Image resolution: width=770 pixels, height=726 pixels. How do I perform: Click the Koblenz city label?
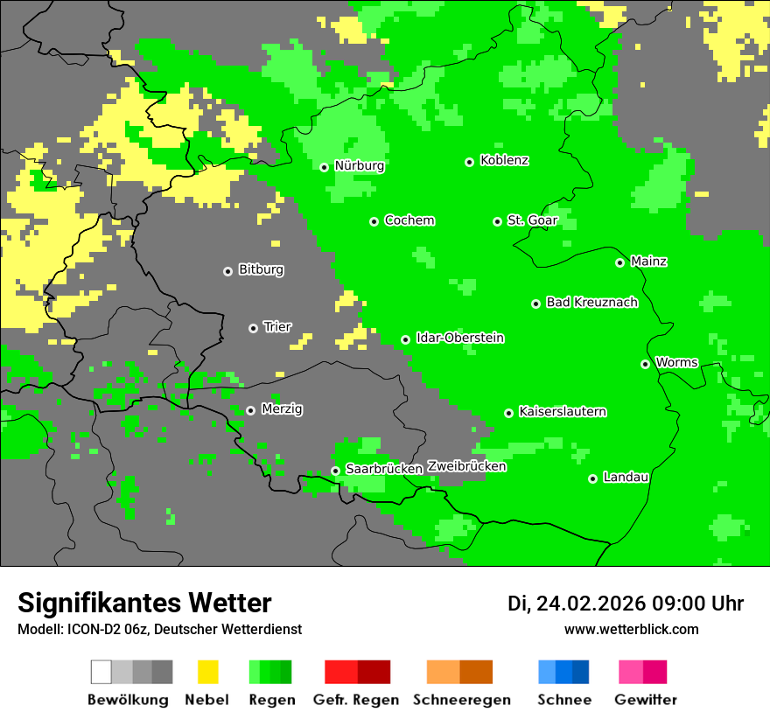[504, 160]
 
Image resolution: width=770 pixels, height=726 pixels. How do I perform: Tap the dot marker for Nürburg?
[324, 167]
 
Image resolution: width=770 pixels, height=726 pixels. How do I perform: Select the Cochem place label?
[409, 220]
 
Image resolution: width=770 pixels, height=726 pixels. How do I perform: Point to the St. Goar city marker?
[497, 221]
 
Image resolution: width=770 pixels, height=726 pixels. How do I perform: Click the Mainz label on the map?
[648, 261]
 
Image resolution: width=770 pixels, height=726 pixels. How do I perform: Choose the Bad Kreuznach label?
[591, 303]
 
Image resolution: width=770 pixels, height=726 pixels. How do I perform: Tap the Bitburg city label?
[261, 269]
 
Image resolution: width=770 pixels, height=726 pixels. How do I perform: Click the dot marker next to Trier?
[253, 328]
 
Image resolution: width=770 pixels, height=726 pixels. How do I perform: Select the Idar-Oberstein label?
[459, 338]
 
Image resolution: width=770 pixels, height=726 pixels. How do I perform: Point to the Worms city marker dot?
[645, 364]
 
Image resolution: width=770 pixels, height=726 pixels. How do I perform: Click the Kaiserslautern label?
[562, 411]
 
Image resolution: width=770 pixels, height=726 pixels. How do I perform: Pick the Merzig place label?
[282, 408]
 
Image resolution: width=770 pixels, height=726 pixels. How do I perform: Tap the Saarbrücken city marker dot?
[335, 471]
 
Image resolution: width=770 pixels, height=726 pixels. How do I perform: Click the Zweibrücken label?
[466, 466]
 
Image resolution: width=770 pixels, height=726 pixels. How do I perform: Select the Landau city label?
[626, 477]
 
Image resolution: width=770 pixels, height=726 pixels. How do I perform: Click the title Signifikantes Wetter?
[144, 603]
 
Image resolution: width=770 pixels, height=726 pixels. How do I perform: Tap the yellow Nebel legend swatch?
[207, 672]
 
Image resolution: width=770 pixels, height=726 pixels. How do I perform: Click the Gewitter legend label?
[645, 700]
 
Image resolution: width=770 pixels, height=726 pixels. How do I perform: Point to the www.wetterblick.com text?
[631, 629]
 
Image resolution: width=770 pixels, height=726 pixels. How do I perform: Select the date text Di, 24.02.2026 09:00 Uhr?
[626, 604]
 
